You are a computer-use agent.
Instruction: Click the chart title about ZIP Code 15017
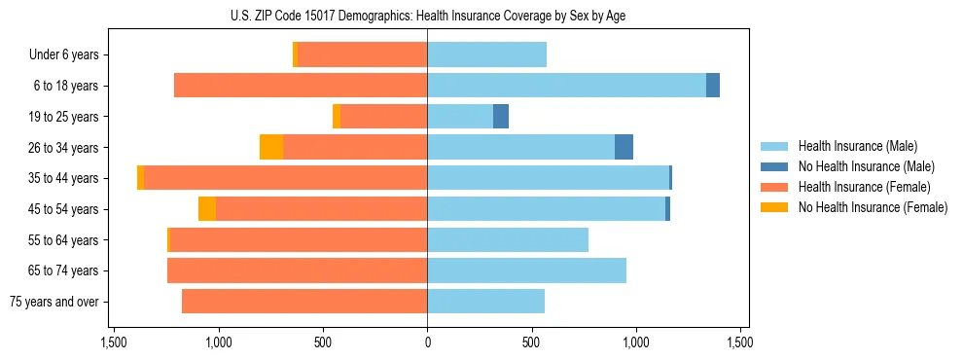[x=428, y=14]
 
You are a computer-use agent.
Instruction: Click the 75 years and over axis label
[x=54, y=302]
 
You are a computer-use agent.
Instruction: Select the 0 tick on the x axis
[x=427, y=343]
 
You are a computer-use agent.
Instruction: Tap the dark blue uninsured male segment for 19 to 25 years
[x=501, y=117]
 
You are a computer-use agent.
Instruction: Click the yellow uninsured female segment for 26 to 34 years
[x=271, y=147]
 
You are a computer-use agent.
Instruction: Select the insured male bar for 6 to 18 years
[x=566, y=86]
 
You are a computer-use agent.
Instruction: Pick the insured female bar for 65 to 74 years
[x=297, y=270]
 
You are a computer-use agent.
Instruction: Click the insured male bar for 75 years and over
[x=485, y=302]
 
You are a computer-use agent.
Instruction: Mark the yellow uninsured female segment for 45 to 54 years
[x=207, y=209]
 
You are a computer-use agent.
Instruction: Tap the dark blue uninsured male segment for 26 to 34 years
[x=624, y=147]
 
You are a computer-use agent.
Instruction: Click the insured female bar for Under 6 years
[x=362, y=55]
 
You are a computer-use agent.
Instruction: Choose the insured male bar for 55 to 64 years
[x=508, y=239]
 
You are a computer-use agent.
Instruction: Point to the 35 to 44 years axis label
[x=63, y=178]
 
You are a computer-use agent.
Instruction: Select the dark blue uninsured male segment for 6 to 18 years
[x=713, y=86]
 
